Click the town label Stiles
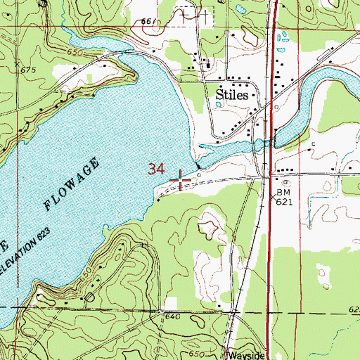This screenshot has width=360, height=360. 226,94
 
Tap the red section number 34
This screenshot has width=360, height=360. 157,169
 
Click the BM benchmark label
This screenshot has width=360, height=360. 283,191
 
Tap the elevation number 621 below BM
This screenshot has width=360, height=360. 283,201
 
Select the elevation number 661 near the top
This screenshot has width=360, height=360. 148,22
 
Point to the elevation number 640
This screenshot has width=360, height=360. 174,316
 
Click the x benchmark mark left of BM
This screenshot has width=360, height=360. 273,198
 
